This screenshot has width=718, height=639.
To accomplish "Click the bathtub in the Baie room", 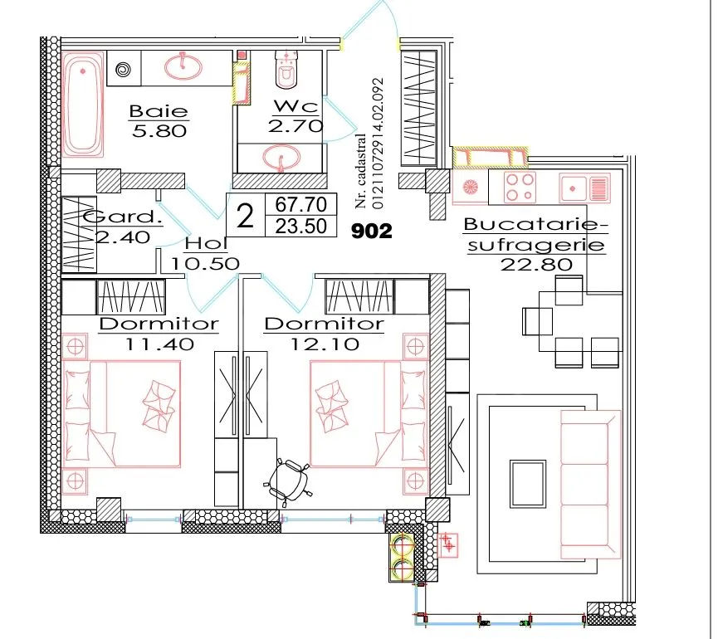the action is (x=83, y=105).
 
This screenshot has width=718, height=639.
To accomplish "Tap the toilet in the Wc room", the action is (x=286, y=69).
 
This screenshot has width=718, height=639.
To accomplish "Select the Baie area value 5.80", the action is (x=159, y=131).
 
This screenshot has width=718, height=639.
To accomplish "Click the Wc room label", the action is (x=296, y=106).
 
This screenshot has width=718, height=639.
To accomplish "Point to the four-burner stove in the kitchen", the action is (x=520, y=187).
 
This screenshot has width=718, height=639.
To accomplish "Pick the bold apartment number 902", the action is (x=372, y=232).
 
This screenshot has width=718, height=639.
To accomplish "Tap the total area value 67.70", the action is (x=300, y=204).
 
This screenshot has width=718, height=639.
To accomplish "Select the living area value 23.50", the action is (x=300, y=226).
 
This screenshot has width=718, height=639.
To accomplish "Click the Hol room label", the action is (x=206, y=244).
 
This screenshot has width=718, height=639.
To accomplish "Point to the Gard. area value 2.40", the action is (x=123, y=237).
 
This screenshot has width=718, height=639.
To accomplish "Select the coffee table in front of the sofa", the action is (x=528, y=483).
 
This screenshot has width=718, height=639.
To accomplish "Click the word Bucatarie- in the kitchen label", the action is (x=531, y=225).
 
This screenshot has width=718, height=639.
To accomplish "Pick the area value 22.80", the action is (x=536, y=264).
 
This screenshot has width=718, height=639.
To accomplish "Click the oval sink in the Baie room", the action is (x=183, y=67).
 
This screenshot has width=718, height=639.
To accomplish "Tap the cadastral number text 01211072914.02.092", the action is (x=379, y=144).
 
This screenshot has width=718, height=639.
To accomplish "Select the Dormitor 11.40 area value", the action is (x=159, y=344).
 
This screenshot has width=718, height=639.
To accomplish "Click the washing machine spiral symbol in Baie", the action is (x=124, y=70).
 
